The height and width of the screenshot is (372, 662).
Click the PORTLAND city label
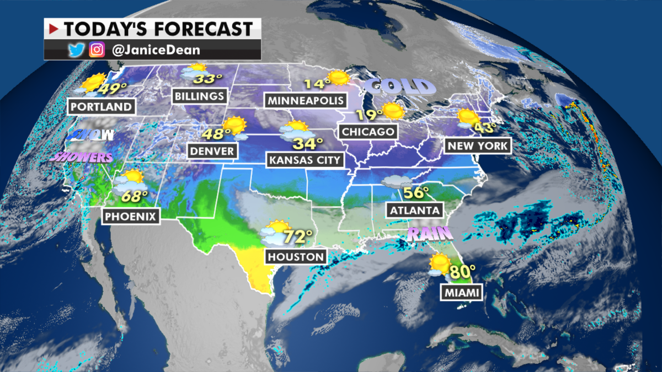[101, 106]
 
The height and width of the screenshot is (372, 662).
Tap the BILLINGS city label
[199, 96]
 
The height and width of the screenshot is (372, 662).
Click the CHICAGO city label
[368, 132]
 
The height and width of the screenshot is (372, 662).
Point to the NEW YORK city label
[478, 145]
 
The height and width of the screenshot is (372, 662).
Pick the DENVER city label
[212, 150]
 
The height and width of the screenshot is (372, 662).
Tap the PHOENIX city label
[131, 215]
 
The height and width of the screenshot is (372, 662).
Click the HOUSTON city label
[296, 256]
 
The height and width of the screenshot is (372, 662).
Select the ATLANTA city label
[415, 210]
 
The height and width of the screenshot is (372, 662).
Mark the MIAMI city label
[461, 293]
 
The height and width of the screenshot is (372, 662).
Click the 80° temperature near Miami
[462, 272]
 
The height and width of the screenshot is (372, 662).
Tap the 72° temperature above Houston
[298, 238]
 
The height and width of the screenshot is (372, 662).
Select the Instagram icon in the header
[97, 50]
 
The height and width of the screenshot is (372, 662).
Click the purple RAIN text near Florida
[430, 235]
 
